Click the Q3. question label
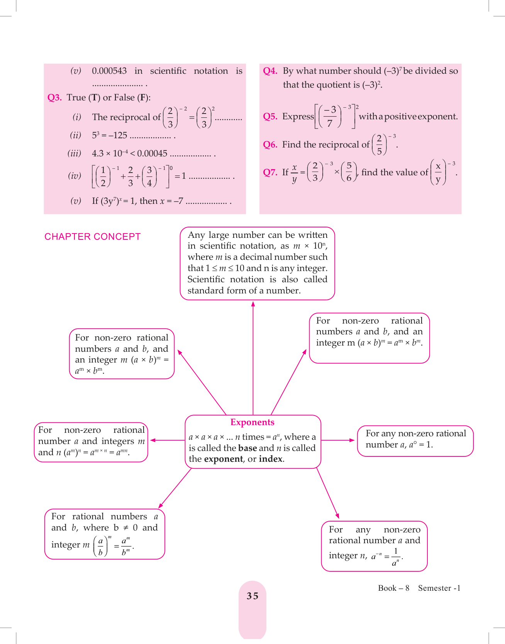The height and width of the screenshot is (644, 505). [54, 97]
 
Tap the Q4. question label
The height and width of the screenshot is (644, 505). [270, 71]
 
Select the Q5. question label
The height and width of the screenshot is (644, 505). [270, 116]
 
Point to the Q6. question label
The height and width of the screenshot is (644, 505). [270, 144]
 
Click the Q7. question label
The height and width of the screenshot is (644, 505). [270, 172]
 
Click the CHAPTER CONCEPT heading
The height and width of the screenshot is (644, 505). [93, 237]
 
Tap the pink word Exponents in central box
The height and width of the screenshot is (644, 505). [252, 422]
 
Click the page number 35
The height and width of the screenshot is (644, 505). [252, 596]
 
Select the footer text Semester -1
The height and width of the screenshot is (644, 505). [439, 588]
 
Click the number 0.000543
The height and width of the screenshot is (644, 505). [109, 71]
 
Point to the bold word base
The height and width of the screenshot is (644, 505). [247, 448]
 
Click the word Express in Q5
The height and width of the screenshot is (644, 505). [298, 116]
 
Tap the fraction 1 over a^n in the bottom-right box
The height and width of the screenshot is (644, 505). [395, 557]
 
